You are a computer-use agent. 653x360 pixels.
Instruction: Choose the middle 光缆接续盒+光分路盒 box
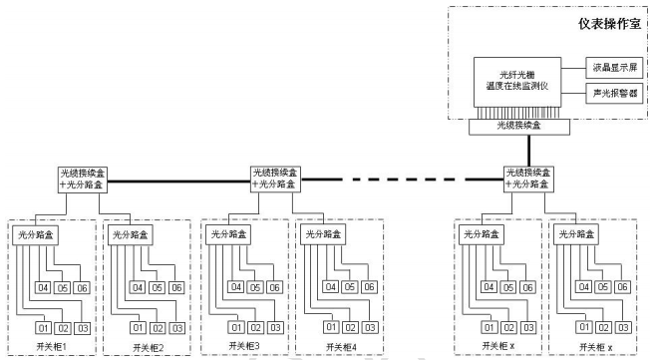click(x=275, y=180)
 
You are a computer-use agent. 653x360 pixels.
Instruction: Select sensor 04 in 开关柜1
click(x=44, y=287)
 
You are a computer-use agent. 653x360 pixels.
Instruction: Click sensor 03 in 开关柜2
click(x=175, y=328)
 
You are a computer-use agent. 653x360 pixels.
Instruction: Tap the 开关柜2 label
click(x=147, y=347)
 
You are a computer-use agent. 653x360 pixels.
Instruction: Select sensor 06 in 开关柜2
click(x=175, y=287)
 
